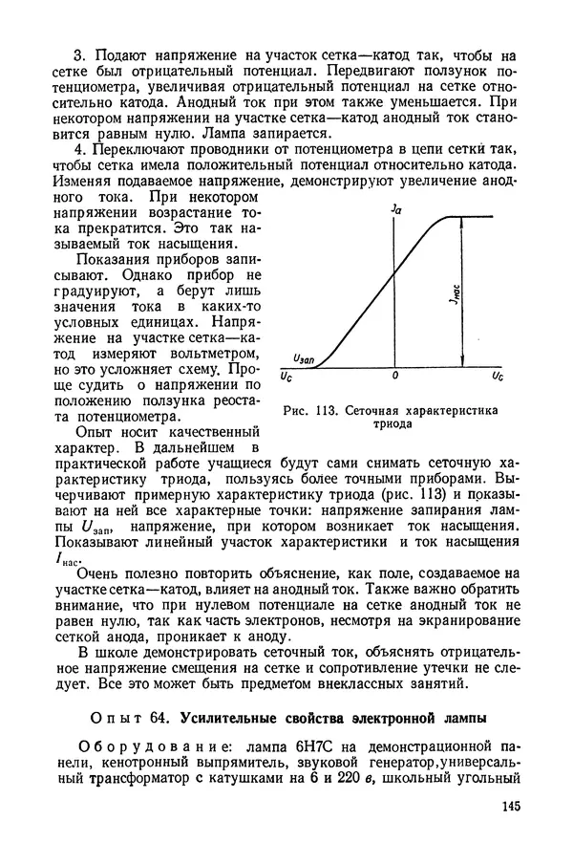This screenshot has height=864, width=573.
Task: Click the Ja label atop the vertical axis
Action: [x=394, y=207]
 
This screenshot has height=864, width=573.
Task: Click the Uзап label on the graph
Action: [x=293, y=357]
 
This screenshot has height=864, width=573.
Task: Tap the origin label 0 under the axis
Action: [x=395, y=378]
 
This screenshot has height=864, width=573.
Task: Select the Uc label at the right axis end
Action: [x=497, y=378]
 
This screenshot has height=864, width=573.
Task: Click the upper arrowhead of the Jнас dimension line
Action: [x=460, y=222]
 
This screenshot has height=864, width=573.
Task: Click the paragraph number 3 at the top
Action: [x=80, y=54]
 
